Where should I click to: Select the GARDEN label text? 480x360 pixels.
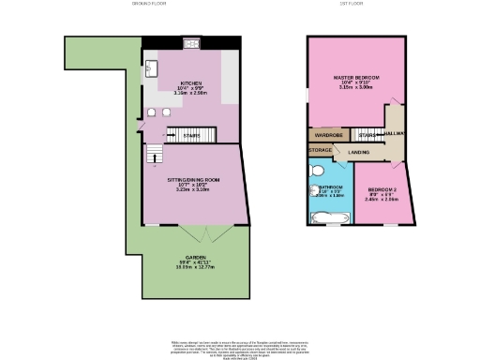click(x=192, y=257)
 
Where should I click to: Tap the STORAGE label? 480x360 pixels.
click(x=321, y=149)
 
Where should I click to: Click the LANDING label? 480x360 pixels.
click(x=358, y=151)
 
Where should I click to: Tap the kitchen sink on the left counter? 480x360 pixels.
click(x=151, y=69)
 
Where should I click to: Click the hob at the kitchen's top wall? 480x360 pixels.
click(x=193, y=43)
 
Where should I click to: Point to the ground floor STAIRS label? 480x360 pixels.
click(x=191, y=136)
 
